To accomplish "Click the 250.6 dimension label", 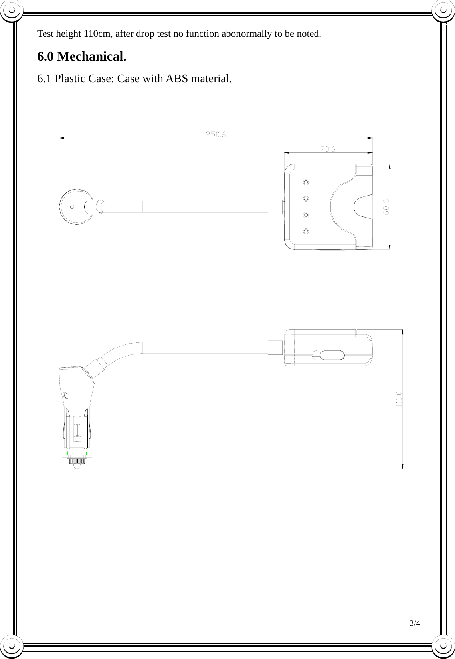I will tap(216, 135).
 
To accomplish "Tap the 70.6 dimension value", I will tap(328, 149).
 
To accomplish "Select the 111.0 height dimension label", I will tap(399, 399).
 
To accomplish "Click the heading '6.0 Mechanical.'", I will tap(81, 57).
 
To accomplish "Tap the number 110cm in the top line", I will tap(98, 33).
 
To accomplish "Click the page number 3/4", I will tap(415, 623).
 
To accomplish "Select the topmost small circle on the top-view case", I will tap(306, 182).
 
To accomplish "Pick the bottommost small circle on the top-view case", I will tap(306, 232).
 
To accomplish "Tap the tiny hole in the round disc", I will tap(72, 207).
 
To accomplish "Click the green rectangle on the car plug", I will tap(77, 453).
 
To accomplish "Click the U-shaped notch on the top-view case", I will tap(362, 207).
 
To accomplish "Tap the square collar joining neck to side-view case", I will tap(275, 347).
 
